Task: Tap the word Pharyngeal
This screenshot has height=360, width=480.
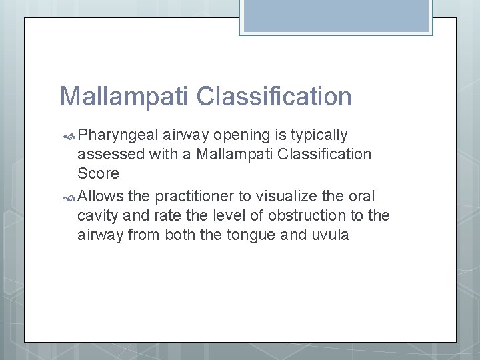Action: (118, 135)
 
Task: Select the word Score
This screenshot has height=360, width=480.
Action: (99, 173)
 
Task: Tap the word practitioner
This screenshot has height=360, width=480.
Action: (199, 196)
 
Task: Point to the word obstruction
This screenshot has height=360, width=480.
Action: (280, 215)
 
